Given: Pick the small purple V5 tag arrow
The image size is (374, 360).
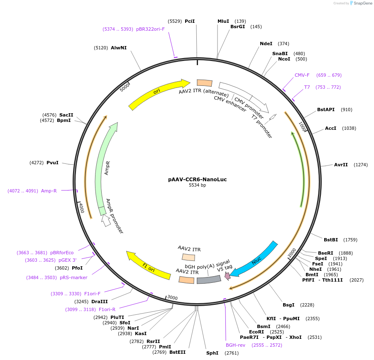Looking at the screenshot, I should (227, 275).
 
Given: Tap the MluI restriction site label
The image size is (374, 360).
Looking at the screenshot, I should (223, 21).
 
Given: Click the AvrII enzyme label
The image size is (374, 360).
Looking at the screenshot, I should (341, 165).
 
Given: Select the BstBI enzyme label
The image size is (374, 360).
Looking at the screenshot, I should (331, 239).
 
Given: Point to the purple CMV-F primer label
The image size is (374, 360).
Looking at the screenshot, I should (302, 75).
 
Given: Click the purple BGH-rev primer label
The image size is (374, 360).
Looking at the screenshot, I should (235, 345).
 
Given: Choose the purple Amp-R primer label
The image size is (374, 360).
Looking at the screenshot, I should (49, 191).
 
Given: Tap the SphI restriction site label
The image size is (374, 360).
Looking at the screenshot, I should (212, 353).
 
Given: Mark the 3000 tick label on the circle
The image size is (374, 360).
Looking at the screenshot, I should (172, 297).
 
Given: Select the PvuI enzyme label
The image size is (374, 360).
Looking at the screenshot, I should (52, 163).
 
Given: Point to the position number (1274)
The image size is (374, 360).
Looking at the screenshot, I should (361, 165).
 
